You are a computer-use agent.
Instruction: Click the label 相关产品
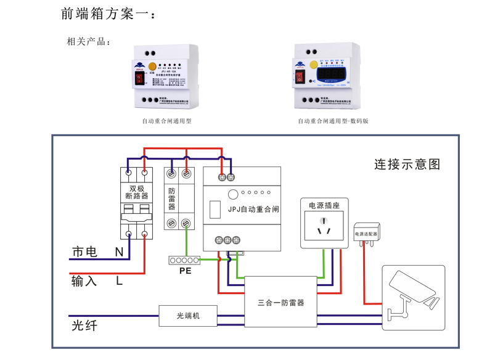(x=88, y=43)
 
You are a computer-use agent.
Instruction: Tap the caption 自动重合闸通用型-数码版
(x=333, y=121)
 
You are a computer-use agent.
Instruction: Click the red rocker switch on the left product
(x=139, y=78)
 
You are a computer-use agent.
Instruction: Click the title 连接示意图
(x=407, y=165)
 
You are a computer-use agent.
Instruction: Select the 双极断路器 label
(x=136, y=192)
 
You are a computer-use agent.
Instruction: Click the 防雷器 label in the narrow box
(x=172, y=198)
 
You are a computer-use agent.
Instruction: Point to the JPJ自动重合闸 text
(x=253, y=209)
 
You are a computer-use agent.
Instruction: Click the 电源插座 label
(x=324, y=205)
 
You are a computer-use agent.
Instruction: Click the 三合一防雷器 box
(x=280, y=303)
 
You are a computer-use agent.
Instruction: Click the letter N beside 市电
(x=119, y=252)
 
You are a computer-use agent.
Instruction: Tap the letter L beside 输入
(x=119, y=281)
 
